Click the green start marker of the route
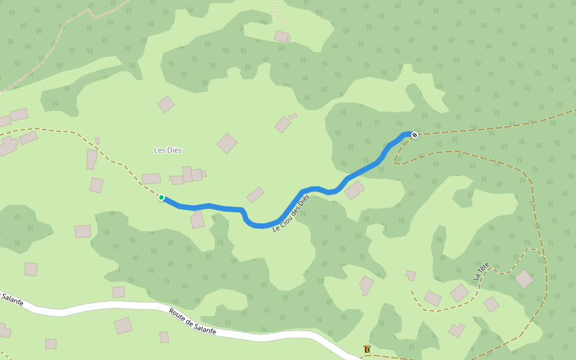[x=161, y=197]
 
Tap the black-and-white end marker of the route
[x=414, y=135]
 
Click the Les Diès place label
[x=168, y=150]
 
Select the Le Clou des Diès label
[x=291, y=214]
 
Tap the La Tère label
[x=481, y=271]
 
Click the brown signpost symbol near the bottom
[x=367, y=349]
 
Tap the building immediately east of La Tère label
[x=524, y=278]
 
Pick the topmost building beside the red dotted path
[x=281, y=37]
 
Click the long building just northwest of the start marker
[x=151, y=179]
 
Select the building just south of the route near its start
[x=197, y=221]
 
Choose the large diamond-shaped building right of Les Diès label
[x=227, y=143]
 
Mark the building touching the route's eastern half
[x=355, y=190]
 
